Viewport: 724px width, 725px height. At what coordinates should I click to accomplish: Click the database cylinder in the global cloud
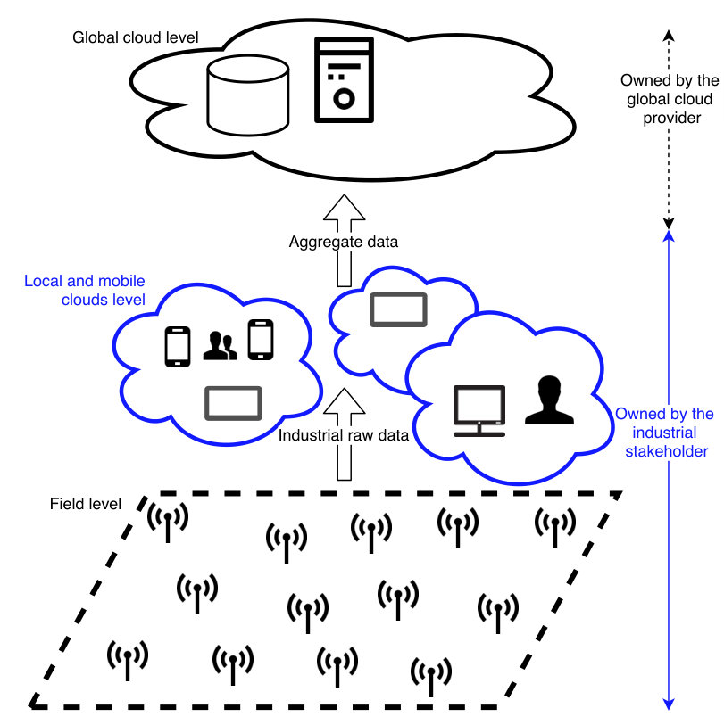point(248,95)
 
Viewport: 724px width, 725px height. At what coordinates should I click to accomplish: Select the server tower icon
point(344,80)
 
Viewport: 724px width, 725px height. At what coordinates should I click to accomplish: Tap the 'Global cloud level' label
point(135,37)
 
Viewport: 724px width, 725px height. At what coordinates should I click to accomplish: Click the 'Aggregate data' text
point(344,242)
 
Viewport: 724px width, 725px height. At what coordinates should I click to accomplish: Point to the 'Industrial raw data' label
point(344,435)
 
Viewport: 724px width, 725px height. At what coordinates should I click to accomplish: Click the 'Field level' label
point(86,504)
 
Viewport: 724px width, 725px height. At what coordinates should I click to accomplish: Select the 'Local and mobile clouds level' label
point(85,291)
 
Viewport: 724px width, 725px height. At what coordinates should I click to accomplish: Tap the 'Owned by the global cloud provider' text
point(670,99)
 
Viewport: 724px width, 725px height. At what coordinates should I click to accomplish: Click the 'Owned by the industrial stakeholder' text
point(665,433)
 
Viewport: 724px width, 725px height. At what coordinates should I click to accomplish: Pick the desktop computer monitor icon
point(479,410)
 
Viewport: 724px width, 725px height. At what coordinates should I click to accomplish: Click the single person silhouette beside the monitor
point(550,400)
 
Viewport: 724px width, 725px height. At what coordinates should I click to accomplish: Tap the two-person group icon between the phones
point(220,345)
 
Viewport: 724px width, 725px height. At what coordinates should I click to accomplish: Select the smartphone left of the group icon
point(178,347)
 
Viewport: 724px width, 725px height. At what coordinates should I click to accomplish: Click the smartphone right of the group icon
point(261,340)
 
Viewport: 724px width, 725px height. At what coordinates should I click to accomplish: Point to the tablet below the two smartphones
point(233,403)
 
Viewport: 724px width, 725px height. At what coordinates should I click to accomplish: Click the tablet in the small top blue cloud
point(398,309)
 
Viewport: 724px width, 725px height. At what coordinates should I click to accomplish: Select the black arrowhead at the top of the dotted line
point(669,36)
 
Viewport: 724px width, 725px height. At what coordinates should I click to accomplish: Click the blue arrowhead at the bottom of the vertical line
point(669,704)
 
